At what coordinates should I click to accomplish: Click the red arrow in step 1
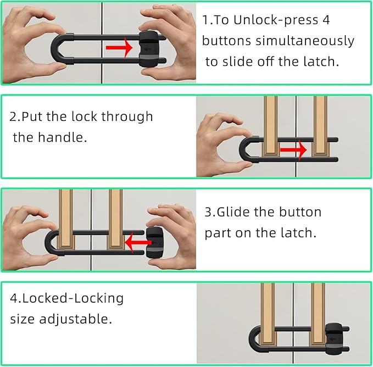(x=119, y=48)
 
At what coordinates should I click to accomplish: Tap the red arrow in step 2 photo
(x=293, y=150)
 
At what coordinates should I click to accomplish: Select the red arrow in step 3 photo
(x=138, y=243)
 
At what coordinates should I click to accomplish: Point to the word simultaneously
(x=305, y=41)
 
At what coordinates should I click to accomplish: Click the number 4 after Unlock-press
(x=326, y=20)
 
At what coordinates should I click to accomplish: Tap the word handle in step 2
(x=62, y=137)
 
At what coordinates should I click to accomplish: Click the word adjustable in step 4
(x=75, y=319)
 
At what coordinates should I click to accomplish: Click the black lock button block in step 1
(x=149, y=49)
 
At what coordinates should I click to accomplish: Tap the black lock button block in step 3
(x=154, y=243)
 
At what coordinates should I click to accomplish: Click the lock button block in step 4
(x=334, y=338)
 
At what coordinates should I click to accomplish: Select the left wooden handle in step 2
(x=271, y=126)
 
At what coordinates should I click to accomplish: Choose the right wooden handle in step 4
(x=318, y=314)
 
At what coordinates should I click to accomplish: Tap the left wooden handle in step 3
(x=66, y=219)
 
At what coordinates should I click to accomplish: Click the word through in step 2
(x=127, y=117)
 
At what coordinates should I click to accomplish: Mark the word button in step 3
(x=300, y=212)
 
